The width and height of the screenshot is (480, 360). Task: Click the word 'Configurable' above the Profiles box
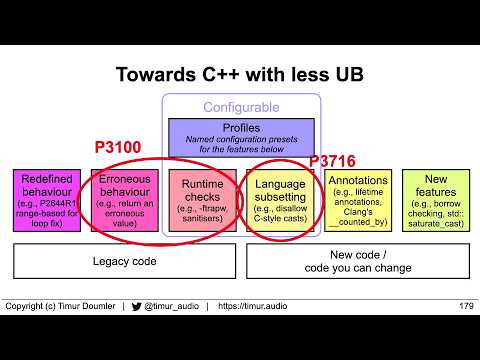240,106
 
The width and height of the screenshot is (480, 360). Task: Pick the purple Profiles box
240,137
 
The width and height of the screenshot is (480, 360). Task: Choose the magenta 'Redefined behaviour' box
46,200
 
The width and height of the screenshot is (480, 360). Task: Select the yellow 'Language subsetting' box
280,200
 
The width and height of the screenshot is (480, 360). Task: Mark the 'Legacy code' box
124,261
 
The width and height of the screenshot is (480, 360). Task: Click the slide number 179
465,305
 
